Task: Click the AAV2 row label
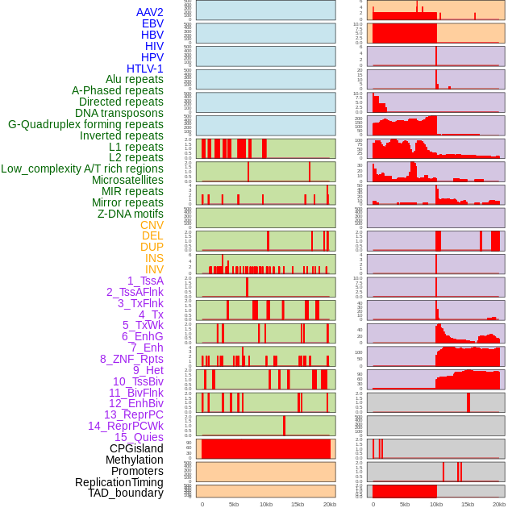point(149,13)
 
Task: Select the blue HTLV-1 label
point(144,69)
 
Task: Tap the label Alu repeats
point(134,80)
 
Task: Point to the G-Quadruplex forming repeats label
point(85,124)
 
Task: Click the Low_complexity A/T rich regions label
point(82,169)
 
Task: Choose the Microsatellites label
point(127,180)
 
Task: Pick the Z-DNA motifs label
point(130,214)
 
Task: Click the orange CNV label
point(152,225)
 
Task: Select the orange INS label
point(154,258)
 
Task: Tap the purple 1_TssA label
point(145,281)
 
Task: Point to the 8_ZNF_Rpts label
point(131,359)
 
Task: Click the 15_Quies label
point(139,437)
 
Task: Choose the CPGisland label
point(136,448)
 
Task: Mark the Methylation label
point(134,460)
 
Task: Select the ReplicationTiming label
point(119,482)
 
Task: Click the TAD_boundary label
point(125,493)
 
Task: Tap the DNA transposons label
point(119,113)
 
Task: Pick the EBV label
point(152,24)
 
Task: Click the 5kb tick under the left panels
point(234,505)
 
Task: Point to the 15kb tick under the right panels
point(468,505)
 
